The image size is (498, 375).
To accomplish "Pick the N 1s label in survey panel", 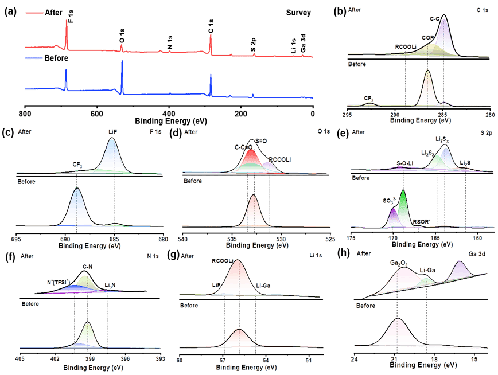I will click(x=169, y=42).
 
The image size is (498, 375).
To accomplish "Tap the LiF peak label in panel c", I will click(x=113, y=132).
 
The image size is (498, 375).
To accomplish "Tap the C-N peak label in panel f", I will click(x=87, y=267).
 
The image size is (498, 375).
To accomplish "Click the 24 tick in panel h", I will click(x=356, y=360).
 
